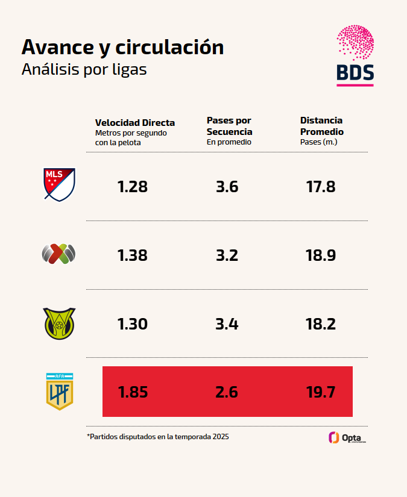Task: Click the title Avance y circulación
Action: coord(122,47)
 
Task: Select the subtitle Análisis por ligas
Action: coord(84,69)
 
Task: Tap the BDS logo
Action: coord(355,55)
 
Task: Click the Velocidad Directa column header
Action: coord(134,123)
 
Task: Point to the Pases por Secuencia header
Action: coord(229,126)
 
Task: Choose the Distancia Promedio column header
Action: coord(321,126)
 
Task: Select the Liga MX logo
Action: coord(58,254)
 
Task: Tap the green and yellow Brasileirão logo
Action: coord(59,324)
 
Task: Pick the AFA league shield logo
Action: coord(59,392)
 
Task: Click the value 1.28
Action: coord(133,187)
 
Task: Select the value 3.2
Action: coord(227,255)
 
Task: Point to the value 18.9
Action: coord(321,255)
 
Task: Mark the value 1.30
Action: coord(133,324)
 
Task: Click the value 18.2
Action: coord(321,324)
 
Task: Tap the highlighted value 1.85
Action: coord(133,393)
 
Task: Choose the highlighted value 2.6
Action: coord(227,393)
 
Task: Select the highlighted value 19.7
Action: coord(321,393)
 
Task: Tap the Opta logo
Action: coord(347,438)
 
